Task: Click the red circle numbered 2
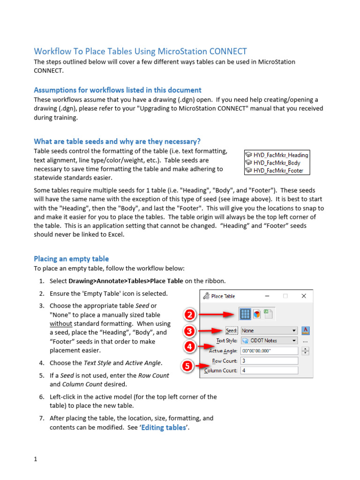pyautogui.click(x=188, y=314)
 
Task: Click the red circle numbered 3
pyautogui.click(x=188, y=331)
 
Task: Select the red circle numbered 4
pyautogui.click(x=188, y=347)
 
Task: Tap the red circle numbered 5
pyautogui.click(x=187, y=367)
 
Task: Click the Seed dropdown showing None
pyautogui.click(x=269, y=330)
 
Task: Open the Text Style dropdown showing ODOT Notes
pyautogui.click(x=269, y=341)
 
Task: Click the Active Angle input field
pyautogui.click(x=269, y=351)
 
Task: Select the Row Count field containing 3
pyautogui.click(x=269, y=361)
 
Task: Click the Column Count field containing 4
pyautogui.click(x=269, y=370)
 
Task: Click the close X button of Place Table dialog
pyautogui.click(x=304, y=296)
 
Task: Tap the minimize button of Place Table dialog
pyautogui.click(x=267, y=296)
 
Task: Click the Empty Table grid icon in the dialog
pyautogui.click(x=245, y=314)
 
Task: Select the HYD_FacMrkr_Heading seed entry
pyautogui.click(x=277, y=155)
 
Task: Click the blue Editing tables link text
pyautogui.click(x=164, y=427)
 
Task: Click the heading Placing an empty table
pyautogui.click(x=71, y=259)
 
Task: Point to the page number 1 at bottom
pyautogui.click(x=35, y=459)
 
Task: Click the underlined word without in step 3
pyautogui.click(x=61, y=323)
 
